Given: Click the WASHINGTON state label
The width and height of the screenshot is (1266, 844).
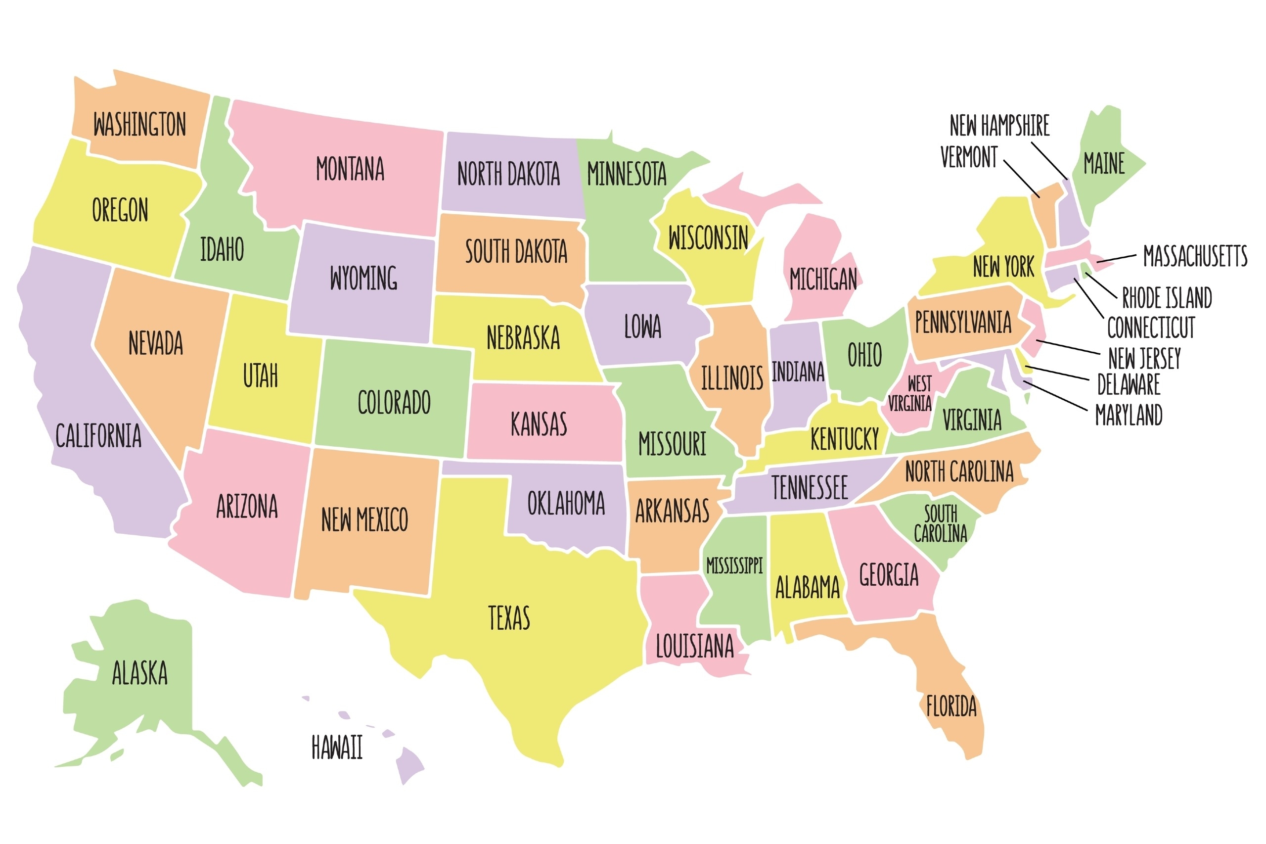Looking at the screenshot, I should pos(139,125).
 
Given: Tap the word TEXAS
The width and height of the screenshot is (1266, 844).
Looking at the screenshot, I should pos(508,618).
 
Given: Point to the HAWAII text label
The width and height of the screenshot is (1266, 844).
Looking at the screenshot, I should pos(337,747).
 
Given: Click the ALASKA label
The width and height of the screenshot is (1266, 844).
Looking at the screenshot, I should pos(139,673).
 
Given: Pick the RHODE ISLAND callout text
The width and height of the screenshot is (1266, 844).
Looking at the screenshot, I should pos(1167,298).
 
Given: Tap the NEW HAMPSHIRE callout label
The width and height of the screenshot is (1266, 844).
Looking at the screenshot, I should pos(999,126).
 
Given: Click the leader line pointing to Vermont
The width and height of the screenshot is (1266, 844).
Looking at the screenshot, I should pos(1021,178).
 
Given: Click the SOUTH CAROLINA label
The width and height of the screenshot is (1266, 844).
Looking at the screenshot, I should pos(940,523).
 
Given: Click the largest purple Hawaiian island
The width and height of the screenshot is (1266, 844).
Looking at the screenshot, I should pos(408,764).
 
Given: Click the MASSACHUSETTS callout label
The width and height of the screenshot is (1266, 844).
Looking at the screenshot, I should pos(1194,256).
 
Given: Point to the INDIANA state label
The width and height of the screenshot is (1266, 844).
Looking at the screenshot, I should pos(797,372).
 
